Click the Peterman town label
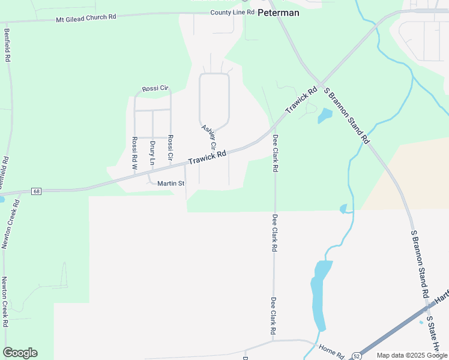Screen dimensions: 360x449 pyautogui.click(x=278, y=12)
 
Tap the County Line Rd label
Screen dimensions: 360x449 pyautogui.click(x=232, y=12)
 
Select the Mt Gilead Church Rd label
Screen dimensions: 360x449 pyautogui.click(x=86, y=17)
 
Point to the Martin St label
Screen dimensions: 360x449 pyautogui.click(x=170, y=183)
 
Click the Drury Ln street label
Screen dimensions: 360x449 pyautogui.click(x=152, y=153)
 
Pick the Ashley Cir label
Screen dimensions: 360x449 pyautogui.click(x=209, y=137)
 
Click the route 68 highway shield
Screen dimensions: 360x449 pyautogui.click(x=37, y=191)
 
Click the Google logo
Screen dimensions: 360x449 pyautogui.click(x=20, y=353)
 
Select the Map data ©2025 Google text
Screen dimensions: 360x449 pyautogui.click(x=412, y=355)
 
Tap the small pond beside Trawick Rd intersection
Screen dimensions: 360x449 pyautogui.click(x=324, y=115)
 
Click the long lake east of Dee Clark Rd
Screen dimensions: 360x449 pyautogui.click(x=318, y=294)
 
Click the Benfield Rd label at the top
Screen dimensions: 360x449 pyautogui.click(x=7, y=46)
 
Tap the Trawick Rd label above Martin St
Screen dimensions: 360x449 pyautogui.click(x=206, y=158)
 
